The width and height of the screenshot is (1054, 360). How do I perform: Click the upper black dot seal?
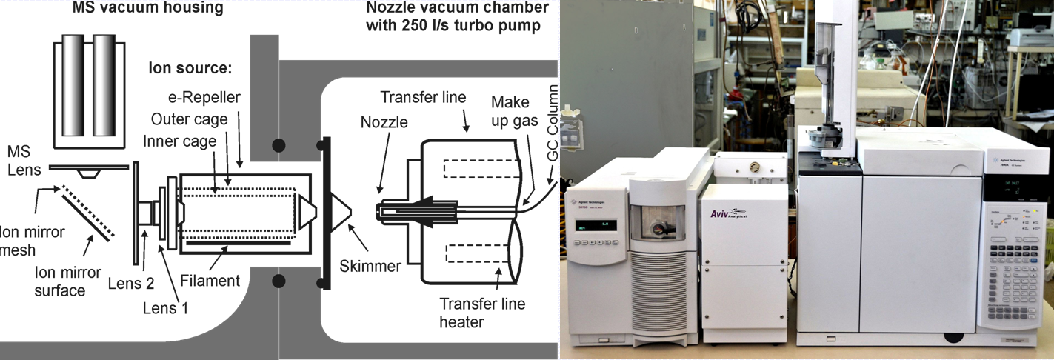pyautogui.click(x=278, y=145)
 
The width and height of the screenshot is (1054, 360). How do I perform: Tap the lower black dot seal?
pyautogui.click(x=278, y=281)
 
